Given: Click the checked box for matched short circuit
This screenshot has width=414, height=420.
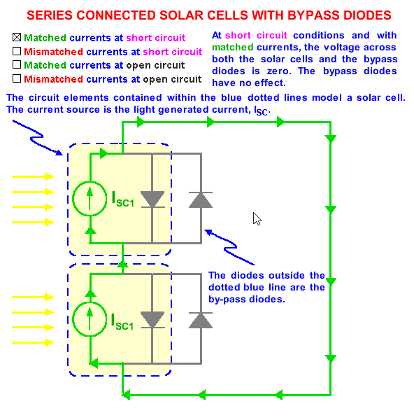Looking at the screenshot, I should click(x=17, y=38).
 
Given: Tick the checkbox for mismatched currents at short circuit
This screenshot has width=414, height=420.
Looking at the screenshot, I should click(x=17, y=52).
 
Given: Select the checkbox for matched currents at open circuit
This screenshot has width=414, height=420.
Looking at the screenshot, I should click(x=17, y=65).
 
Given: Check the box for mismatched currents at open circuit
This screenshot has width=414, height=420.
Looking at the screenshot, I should click(x=17, y=79).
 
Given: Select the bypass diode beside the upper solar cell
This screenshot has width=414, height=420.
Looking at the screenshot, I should click(x=201, y=199).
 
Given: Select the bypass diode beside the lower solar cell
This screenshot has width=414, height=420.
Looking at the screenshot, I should click(x=201, y=320).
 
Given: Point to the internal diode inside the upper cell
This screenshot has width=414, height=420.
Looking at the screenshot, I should click(x=152, y=199).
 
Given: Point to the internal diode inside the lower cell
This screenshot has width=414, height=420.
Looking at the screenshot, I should click(x=152, y=320).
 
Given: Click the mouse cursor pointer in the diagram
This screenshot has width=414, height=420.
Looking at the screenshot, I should click(x=257, y=218).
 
